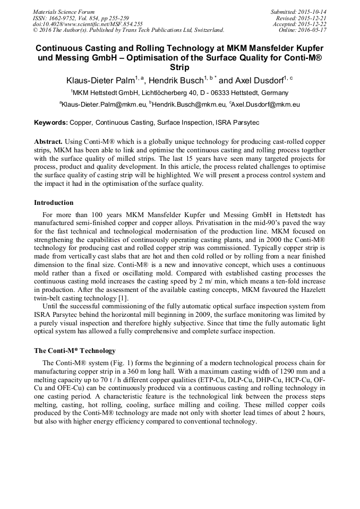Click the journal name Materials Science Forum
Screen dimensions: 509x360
pos(64,12)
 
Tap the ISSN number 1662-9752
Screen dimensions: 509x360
pos(67,18)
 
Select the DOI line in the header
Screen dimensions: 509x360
pos(88,24)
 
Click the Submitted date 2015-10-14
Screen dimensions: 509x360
pos(313,12)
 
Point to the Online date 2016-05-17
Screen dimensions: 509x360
pos(313,30)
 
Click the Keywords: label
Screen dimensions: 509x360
pos(51,123)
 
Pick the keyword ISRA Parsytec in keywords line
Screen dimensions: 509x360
pos(237,123)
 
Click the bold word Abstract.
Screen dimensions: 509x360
pos(48,142)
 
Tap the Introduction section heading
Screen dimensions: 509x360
pos(54,202)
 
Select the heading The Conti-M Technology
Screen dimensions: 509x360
pos(75,351)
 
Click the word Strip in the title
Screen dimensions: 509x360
pos(180,67)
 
